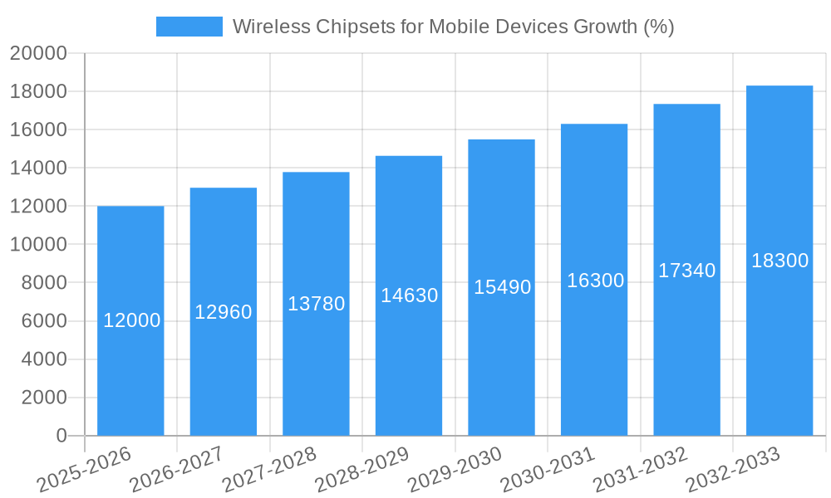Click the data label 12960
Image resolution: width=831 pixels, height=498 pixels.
click(224, 312)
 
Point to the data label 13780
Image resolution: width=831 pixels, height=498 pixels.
click(316, 304)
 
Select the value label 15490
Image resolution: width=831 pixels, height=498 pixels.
click(502, 287)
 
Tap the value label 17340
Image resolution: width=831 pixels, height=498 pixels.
click(686, 271)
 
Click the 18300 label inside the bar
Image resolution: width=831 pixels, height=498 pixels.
click(779, 261)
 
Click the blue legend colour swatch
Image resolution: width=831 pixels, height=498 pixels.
click(189, 27)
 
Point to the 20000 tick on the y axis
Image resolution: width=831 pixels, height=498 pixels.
click(38, 53)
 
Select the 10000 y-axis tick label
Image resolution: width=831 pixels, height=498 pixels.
click(38, 245)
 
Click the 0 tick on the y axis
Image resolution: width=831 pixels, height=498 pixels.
click(61, 436)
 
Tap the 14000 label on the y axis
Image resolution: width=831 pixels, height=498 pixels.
click(38, 168)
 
